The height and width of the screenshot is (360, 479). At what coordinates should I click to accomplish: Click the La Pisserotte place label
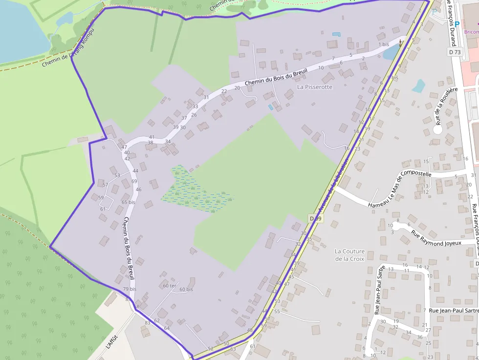coord(314,87)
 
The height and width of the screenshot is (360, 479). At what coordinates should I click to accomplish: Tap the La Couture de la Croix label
coord(349,255)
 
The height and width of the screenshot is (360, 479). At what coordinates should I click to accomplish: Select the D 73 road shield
coord(454,52)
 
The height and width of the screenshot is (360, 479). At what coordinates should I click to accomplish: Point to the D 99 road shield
coord(316,218)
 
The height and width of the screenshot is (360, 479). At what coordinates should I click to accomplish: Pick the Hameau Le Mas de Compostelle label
coord(400,189)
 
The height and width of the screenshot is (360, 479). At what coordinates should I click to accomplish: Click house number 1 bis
coord(384,44)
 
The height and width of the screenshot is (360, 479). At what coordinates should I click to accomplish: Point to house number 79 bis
coord(130,289)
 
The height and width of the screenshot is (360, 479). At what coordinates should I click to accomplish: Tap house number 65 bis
coord(128,202)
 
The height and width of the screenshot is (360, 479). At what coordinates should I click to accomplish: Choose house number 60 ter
coord(169,285)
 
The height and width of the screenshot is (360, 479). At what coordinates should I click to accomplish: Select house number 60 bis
coord(186,289)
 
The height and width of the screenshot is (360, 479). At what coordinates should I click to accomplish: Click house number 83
coord(148,323)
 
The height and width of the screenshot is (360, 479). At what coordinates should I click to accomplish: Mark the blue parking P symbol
coord(457,24)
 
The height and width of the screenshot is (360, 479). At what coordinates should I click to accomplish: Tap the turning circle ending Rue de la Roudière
coord(437,130)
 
